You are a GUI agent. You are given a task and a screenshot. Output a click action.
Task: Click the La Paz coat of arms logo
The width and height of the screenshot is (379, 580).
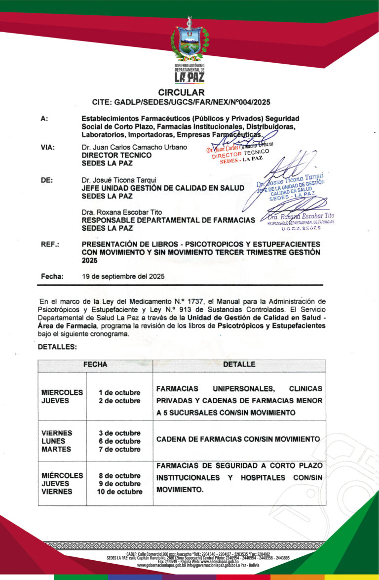tap(189, 41)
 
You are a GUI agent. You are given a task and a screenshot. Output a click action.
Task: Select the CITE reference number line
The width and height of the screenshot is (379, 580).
tap(181, 102)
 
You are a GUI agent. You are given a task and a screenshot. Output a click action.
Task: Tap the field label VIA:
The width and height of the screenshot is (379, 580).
tap(48, 147)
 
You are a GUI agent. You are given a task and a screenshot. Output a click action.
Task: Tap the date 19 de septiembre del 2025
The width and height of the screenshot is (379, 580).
tap(123, 276)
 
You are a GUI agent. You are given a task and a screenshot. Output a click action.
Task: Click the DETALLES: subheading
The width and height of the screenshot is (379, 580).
tap(57, 347)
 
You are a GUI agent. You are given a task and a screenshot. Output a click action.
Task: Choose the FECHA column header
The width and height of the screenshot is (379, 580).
tap(95, 365)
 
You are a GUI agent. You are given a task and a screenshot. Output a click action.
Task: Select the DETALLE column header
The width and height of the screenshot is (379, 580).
tap(239, 365)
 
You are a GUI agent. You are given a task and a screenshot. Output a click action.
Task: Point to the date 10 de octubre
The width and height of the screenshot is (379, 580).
tap(119, 492)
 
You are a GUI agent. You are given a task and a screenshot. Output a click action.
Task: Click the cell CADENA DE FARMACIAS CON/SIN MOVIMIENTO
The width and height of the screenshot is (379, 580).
tap(238, 439)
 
